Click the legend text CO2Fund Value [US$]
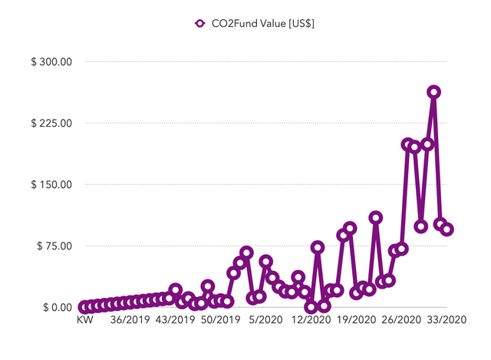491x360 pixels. tap(263, 23)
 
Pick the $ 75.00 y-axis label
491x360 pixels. tap(54, 246)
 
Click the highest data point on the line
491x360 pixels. tap(434, 92)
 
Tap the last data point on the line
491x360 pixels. tap(447, 229)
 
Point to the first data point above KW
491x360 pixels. tap(84, 307)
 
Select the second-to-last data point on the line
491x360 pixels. tap(440, 224)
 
